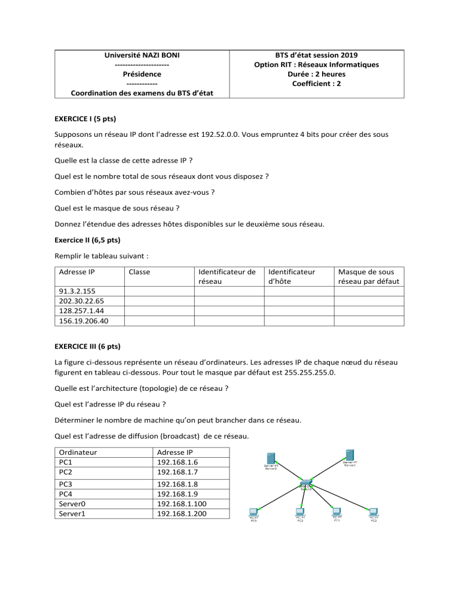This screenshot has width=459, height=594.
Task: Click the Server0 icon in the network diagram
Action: (271, 459)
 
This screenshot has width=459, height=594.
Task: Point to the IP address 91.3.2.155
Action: (74, 290)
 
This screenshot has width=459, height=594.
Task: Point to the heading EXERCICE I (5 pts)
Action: (88, 118)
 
